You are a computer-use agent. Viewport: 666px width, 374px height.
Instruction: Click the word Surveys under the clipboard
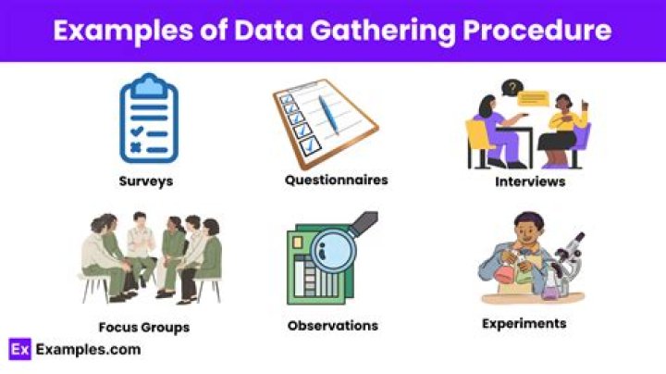[145, 181]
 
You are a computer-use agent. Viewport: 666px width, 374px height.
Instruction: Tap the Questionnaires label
[336, 179]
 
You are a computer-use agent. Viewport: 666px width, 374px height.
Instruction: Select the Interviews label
[529, 181]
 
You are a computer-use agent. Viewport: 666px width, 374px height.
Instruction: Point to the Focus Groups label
[143, 327]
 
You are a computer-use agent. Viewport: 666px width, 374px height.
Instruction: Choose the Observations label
[333, 326]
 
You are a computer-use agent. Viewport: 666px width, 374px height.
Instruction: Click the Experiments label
[524, 324]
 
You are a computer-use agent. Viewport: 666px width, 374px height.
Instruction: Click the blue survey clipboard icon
[148, 121]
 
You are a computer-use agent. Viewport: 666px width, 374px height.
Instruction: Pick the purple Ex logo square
[19, 349]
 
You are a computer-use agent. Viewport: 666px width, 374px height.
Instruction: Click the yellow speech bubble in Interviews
[535, 96]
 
